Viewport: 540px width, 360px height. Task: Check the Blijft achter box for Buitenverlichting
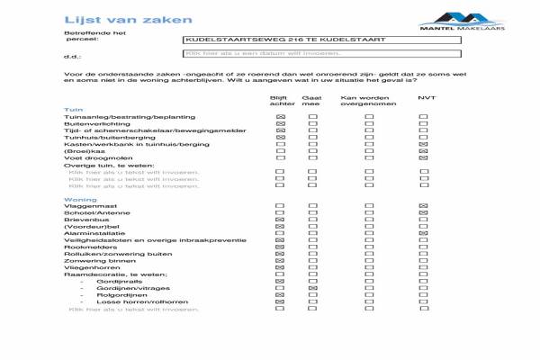pyautogui.click(x=281, y=126)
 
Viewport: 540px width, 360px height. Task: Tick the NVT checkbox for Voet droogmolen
pyautogui.click(x=423, y=158)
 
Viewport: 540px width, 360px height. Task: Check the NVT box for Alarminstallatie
pyautogui.click(x=423, y=233)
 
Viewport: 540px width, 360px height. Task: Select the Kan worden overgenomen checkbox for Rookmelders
pyautogui.click(x=369, y=247)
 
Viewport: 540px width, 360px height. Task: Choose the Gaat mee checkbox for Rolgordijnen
pyautogui.click(x=313, y=294)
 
